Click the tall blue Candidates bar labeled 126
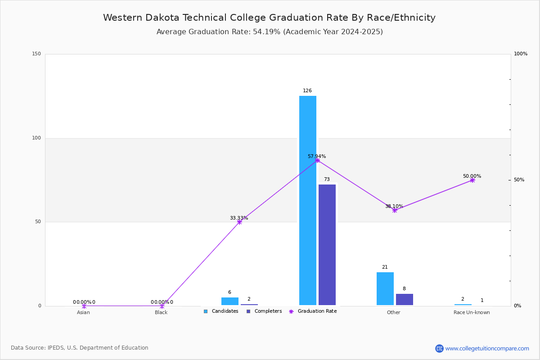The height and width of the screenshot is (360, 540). click(308, 200)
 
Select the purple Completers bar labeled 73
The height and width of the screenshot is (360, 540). click(327, 245)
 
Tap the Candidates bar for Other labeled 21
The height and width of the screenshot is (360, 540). click(385, 288)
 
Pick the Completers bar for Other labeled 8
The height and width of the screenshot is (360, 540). click(405, 299)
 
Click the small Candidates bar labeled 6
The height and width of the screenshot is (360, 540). click(230, 301)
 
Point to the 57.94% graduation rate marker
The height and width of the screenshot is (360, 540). click(317, 160)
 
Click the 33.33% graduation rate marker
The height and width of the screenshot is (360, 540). click(239, 222)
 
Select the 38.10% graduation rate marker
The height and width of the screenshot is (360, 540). click(395, 210)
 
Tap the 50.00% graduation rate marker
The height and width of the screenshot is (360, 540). click(472, 180)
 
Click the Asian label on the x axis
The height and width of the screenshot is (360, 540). click(83, 312)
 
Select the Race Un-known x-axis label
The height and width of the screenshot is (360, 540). click(472, 312)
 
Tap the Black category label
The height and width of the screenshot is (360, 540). click(161, 312)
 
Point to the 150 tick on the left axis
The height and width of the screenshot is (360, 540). click(36, 54)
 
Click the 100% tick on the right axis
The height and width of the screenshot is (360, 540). click(521, 54)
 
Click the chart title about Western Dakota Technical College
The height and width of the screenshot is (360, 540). click(269, 18)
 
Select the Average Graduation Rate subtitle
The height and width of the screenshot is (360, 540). click(270, 32)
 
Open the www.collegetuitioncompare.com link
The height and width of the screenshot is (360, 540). click(487, 348)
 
